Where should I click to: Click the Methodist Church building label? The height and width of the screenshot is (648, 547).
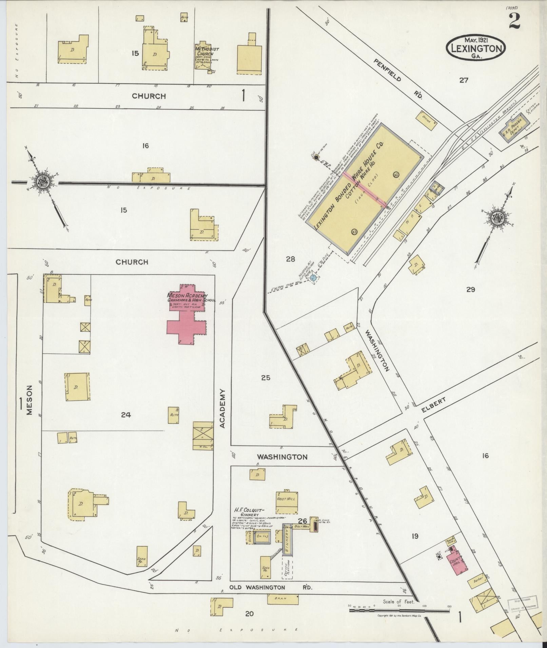pos(207,52)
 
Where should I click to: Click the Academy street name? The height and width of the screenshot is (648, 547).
pos(222,409)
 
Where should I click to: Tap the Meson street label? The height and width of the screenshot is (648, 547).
pos(30,400)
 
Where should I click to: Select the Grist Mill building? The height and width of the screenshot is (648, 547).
pos(287,502)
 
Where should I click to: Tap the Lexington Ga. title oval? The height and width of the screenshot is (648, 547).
pos(476,47)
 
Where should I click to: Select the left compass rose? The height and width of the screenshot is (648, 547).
pos(44,182)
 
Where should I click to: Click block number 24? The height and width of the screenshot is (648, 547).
pos(126,415)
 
